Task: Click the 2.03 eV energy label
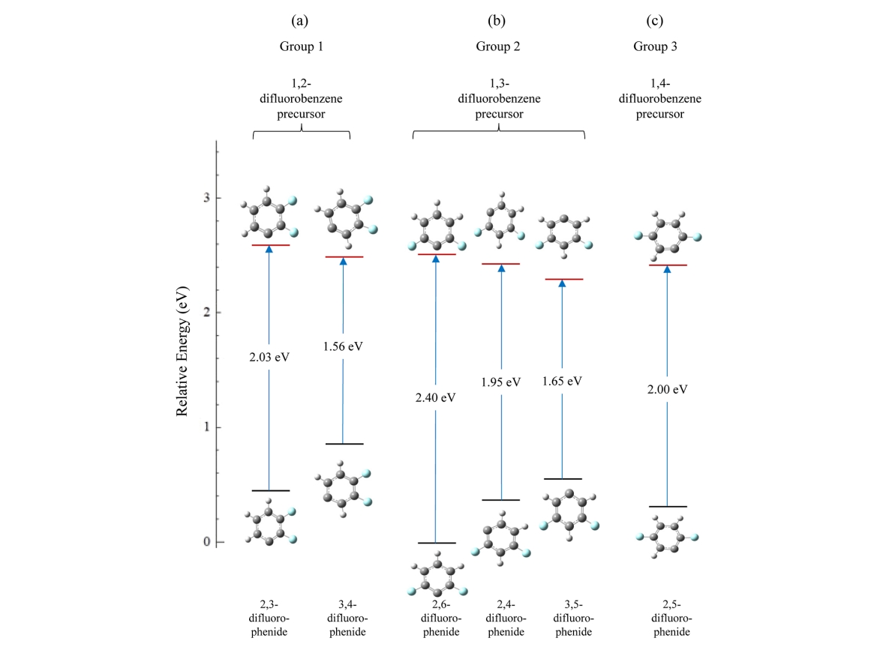(269, 358)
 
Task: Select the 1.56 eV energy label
(343, 346)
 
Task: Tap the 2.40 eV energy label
(435, 398)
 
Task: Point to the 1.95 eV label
(500, 382)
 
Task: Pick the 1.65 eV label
(562, 382)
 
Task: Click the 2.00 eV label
(668, 389)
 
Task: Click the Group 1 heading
(302, 46)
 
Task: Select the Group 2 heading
(498, 46)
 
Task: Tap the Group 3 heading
(655, 46)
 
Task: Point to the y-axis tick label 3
(206, 198)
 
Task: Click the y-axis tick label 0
(206, 542)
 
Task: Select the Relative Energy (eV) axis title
(182, 352)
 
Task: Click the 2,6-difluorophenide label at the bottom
(441, 619)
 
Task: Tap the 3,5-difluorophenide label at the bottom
(573, 619)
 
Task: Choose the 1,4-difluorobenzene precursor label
(660, 99)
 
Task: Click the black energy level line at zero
(437, 543)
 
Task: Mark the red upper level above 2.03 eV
(271, 245)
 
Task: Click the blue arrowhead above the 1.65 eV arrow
(562, 283)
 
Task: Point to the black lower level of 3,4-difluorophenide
(344, 444)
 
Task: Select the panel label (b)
(497, 21)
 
